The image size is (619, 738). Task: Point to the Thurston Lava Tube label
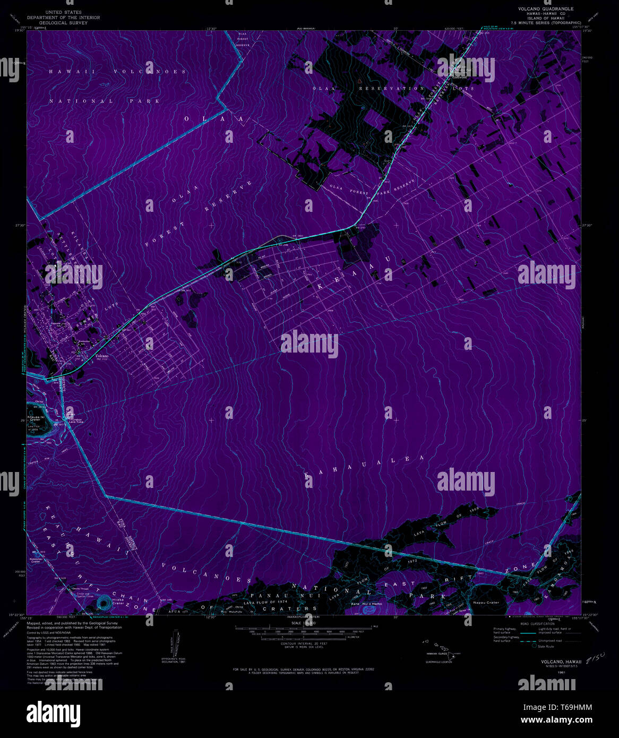74,418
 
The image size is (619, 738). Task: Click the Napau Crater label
486,603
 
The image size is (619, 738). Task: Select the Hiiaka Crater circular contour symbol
105,602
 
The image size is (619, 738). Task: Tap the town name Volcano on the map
101,356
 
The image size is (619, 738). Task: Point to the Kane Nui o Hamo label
366,604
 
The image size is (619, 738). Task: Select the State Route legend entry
546,646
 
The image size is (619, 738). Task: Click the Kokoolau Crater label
36,560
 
